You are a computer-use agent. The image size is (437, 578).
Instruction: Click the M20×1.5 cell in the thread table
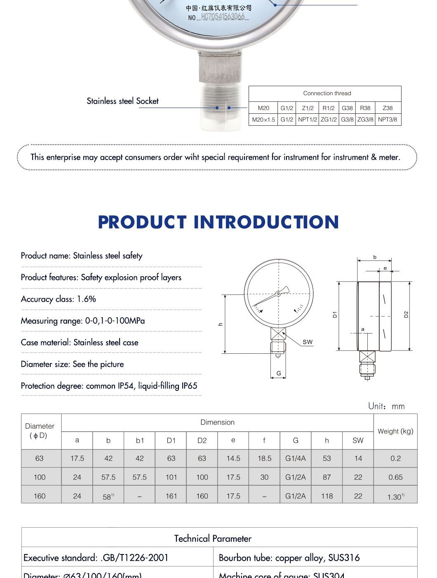(263, 120)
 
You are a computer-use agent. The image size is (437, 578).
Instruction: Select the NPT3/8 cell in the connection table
(388, 120)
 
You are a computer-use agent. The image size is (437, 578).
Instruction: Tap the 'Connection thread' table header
(327, 93)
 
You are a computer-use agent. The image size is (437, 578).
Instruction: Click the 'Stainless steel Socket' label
(122, 101)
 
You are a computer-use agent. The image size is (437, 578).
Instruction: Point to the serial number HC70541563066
(223, 17)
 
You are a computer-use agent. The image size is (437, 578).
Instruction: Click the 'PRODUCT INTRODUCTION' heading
(218, 222)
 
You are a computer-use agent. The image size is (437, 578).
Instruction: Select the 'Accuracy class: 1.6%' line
(59, 299)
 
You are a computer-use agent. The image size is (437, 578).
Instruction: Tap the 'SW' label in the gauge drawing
(308, 342)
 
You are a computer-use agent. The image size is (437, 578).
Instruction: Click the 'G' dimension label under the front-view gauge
(279, 374)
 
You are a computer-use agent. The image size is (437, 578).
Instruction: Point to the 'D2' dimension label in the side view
(406, 314)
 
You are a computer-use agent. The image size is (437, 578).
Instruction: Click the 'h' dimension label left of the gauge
(221, 324)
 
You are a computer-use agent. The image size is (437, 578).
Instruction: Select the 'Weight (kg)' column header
(395, 431)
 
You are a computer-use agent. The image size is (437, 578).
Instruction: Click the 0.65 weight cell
(395, 477)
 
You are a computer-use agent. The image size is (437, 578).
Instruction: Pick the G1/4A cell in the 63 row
(296, 458)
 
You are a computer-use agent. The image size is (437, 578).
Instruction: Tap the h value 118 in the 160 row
(327, 496)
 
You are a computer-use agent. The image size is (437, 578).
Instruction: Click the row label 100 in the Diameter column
(40, 477)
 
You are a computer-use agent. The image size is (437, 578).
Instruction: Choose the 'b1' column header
(140, 440)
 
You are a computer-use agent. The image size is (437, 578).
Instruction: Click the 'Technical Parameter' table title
(213, 538)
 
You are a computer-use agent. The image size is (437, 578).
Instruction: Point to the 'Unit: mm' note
(386, 406)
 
